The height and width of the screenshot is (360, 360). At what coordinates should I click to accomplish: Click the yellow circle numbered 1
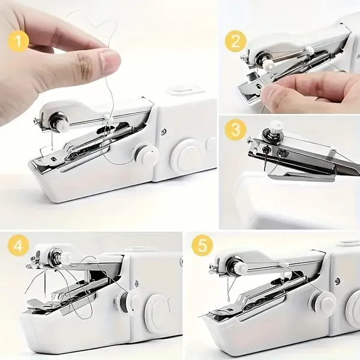click(19, 41)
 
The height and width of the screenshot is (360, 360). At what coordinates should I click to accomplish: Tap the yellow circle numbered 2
click(236, 41)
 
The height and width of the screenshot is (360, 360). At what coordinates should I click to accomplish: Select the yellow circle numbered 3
click(236, 130)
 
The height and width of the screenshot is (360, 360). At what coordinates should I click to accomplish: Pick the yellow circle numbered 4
click(19, 247)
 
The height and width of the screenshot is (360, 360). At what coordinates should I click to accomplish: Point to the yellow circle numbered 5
click(202, 247)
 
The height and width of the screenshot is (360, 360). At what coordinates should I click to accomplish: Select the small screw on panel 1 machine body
click(163, 131)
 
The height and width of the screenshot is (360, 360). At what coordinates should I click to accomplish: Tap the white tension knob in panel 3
click(275, 128)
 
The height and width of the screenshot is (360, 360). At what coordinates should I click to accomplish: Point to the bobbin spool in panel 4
click(125, 301)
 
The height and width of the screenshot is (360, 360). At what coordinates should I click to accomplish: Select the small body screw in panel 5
click(337, 280)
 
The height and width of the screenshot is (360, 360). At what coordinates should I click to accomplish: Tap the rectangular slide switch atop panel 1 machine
click(187, 89)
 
